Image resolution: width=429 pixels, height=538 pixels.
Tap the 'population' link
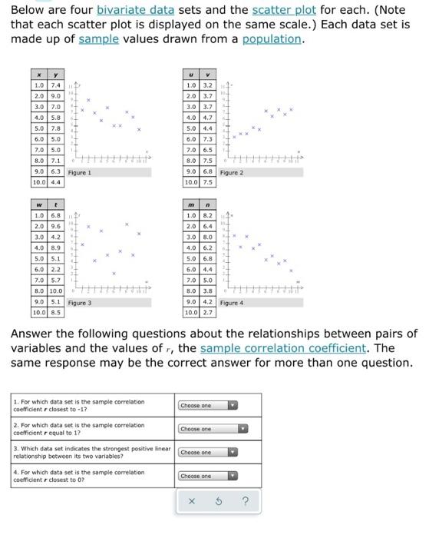(272, 39)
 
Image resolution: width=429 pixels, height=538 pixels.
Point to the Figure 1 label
(79, 173)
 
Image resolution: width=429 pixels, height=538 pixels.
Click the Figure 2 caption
(231, 173)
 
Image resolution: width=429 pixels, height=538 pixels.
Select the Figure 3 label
(79, 303)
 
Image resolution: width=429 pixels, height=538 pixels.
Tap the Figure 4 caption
(231, 303)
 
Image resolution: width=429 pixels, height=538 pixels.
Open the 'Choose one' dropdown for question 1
(208, 406)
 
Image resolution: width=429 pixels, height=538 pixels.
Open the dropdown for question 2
(208, 429)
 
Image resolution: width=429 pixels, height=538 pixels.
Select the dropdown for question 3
(208, 453)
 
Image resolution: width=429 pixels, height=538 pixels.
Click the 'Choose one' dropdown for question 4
(208, 477)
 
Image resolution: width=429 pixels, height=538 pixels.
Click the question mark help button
(245, 502)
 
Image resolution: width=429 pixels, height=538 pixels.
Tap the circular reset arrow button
(219, 502)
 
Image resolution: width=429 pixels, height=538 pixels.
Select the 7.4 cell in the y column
(55, 84)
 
